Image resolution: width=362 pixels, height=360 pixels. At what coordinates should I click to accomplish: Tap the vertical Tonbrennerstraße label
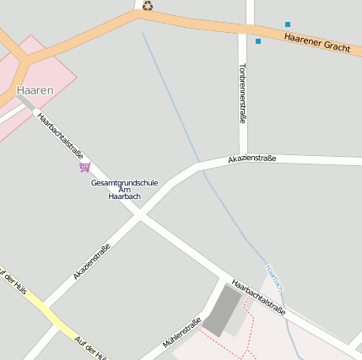point(243,93)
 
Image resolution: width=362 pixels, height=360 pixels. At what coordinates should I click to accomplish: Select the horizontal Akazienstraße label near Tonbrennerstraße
point(251,159)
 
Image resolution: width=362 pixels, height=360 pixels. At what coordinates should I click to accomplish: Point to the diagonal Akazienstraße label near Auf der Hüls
point(92,261)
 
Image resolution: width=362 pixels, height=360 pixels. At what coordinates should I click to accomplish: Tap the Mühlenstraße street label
point(181,332)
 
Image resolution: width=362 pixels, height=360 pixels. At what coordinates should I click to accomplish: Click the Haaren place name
point(35,89)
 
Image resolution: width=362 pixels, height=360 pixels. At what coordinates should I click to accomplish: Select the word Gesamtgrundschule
point(124,182)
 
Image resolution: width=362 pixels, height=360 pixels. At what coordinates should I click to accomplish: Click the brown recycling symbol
point(148,6)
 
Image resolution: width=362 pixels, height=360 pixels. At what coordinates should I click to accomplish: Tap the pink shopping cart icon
point(84,167)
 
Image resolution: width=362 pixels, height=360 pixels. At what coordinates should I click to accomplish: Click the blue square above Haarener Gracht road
point(288,24)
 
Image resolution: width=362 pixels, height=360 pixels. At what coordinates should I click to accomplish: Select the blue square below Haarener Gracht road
point(258,40)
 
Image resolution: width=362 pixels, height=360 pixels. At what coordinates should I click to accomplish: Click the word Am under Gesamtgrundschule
point(124,190)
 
